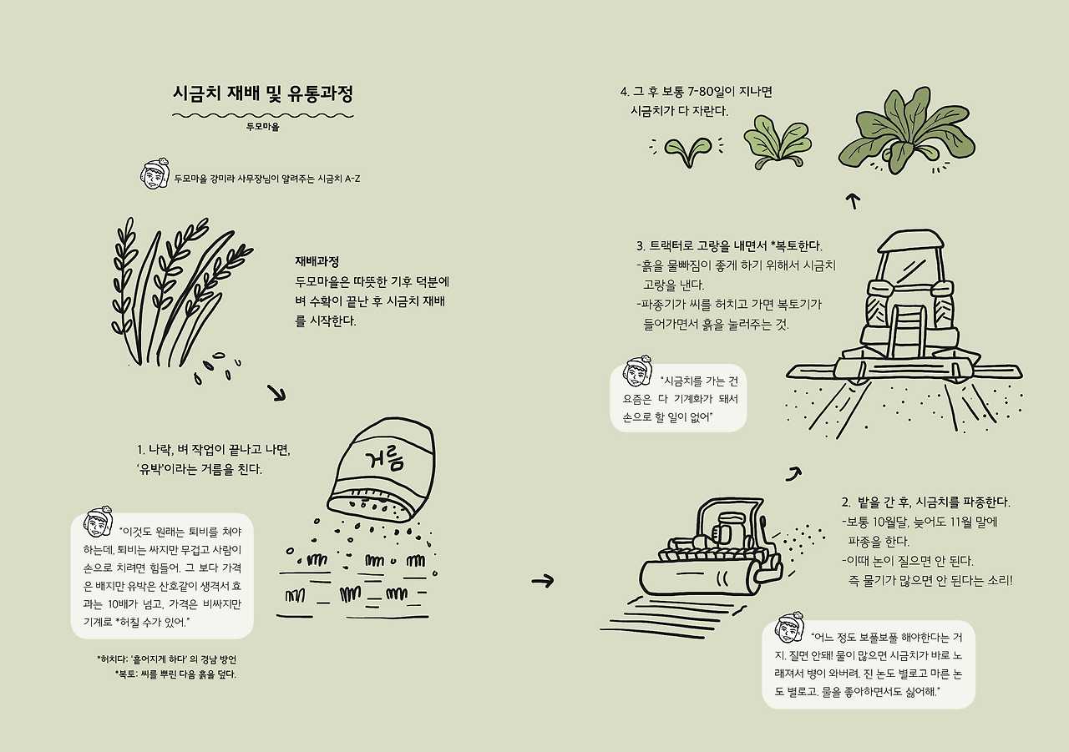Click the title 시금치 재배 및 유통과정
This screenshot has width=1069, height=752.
tap(263, 93)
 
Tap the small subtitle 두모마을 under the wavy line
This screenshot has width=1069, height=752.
tap(263, 128)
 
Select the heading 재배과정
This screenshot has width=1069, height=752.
tap(317, 261)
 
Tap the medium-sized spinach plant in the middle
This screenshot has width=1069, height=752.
tap(778, 142)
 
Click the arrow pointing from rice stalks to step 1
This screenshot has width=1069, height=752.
tap(276, 393)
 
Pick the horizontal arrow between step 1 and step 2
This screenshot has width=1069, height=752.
tap(543, 581)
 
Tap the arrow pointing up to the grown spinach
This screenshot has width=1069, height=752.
tap(854, 201)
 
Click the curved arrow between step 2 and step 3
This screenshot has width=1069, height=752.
tap(794, 473)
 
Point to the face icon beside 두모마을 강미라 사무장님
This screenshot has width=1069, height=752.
tap(155, 174)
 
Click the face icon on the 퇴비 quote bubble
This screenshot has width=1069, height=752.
tap(98, 523)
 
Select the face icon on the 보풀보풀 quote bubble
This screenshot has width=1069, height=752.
tap(790, 628)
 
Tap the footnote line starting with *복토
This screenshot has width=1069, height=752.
tap(175, 674)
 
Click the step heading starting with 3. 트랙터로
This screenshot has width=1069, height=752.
tap(729, 246)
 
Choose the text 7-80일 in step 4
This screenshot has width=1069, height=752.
tap(712, 92)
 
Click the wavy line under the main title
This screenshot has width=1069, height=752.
tap(263, 115)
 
